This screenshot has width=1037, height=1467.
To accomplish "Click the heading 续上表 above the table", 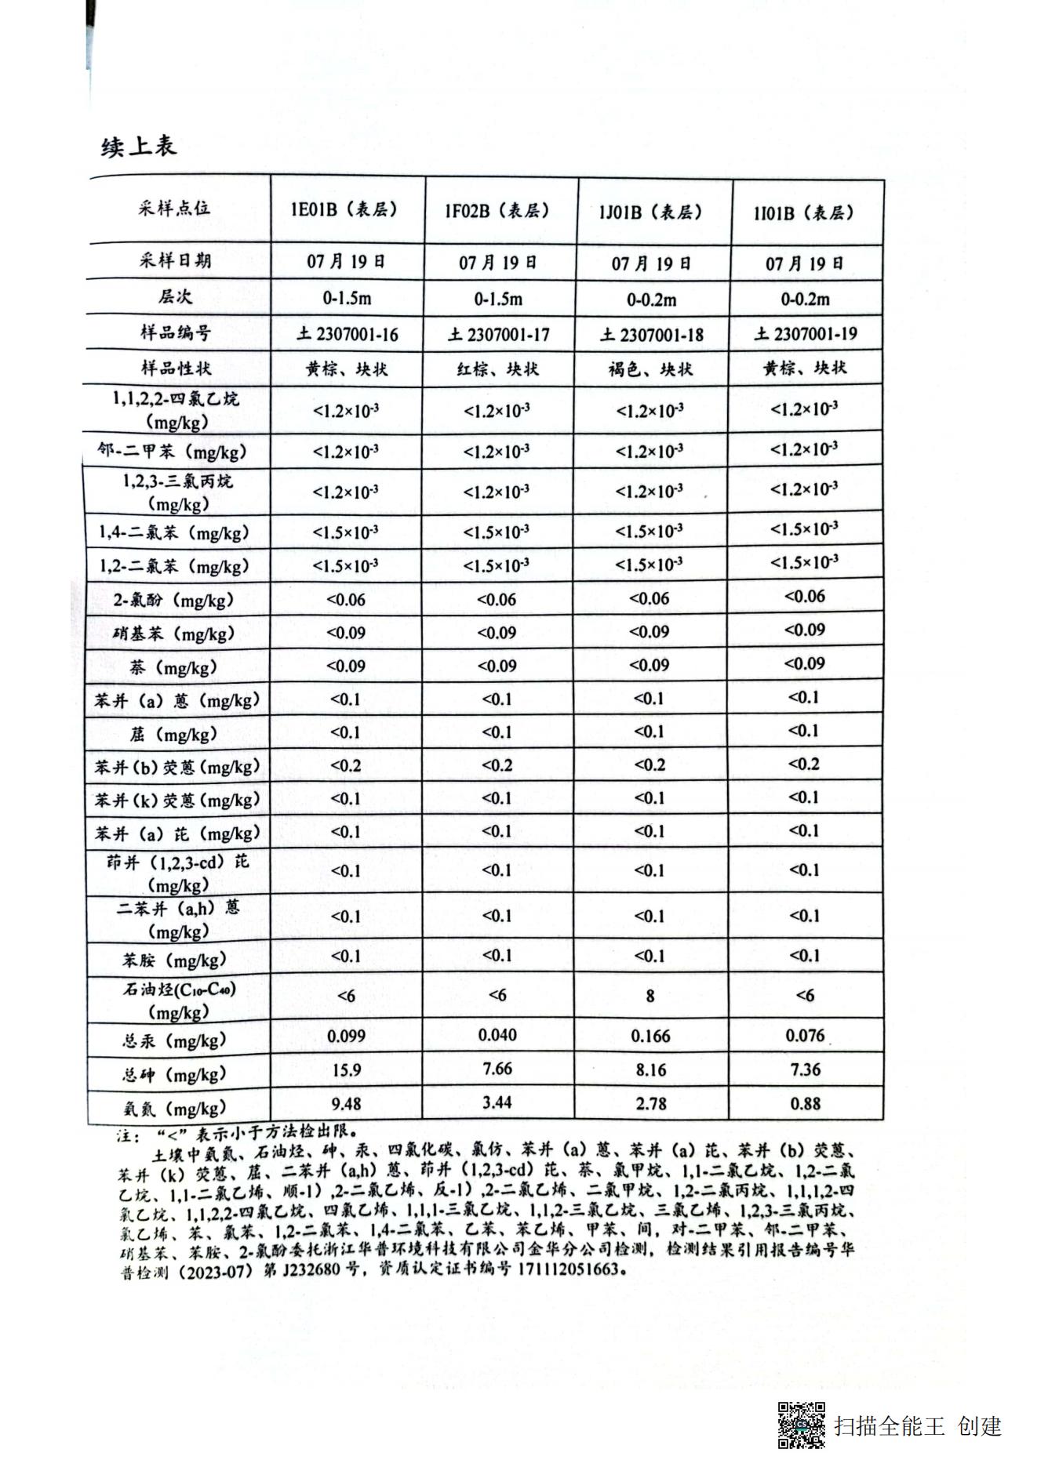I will pyautogui.click(x=139, y=145).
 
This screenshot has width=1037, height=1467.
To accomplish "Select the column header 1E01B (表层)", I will pyautogui.click(x=345, y=209).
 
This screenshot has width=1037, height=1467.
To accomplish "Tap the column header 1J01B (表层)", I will pyautogui.click(x=650, y=212).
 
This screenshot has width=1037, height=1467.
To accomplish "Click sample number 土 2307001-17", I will pyautogui.click(x=499, y=335).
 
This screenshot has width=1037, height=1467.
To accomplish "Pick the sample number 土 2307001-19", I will pyautogui.click(x=806, y=334).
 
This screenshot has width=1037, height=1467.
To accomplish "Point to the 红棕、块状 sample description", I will pyautogui.click(x=498, y=369).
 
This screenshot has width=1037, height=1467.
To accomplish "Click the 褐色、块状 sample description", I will pyautogui.click(x=650, y=369).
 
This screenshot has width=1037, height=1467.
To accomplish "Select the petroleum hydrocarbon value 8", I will pyautogui.click(x=650, y=996).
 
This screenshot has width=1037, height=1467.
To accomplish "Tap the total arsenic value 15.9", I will pyautogui.click(x=346, y=1070).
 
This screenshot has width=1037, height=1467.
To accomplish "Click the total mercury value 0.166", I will pyautogui.click(x=651, y=1036).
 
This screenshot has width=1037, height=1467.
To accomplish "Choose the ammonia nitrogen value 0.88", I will pyautogui.click(x=806, y=1103).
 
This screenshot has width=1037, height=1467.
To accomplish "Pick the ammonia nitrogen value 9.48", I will pyautogui.click(x=346, y=1104).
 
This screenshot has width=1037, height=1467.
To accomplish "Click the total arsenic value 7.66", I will pyautogui.click(x=497, y=1069).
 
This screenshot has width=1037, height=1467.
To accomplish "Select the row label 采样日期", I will pyautogui.click(x=175, y=261).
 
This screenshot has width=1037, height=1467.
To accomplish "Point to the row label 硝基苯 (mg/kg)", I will pyautogui.click(x=173, y=634).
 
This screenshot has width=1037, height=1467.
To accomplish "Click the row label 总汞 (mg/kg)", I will pyautogui.click(x=174, y=1040).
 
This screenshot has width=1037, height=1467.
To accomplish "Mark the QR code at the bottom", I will pyautogui.click(x=801, y=1425).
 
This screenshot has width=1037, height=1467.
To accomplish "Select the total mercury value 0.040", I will pyautogui.click(x=497, y=1035).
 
